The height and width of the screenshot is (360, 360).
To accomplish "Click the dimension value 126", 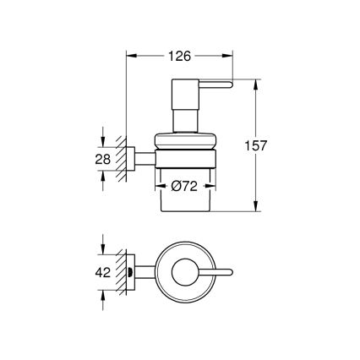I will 179,55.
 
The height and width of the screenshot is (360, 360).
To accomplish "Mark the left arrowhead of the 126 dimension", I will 130,56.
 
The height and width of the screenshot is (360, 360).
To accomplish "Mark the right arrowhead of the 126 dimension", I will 232,56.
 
